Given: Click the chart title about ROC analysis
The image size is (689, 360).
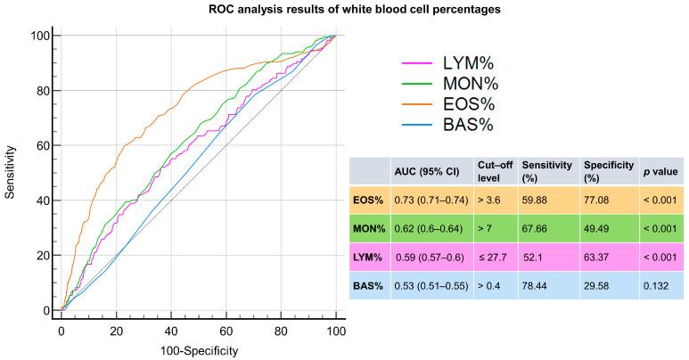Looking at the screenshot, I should click(x=344, y=10).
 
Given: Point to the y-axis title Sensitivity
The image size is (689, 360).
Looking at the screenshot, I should click(x=12, y=173).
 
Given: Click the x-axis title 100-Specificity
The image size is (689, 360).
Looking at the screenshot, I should click(x=198, y=351).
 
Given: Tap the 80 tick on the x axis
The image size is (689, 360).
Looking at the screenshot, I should click(x=281, y=331).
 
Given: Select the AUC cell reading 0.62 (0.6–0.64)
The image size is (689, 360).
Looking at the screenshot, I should click(x=427, y=235).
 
